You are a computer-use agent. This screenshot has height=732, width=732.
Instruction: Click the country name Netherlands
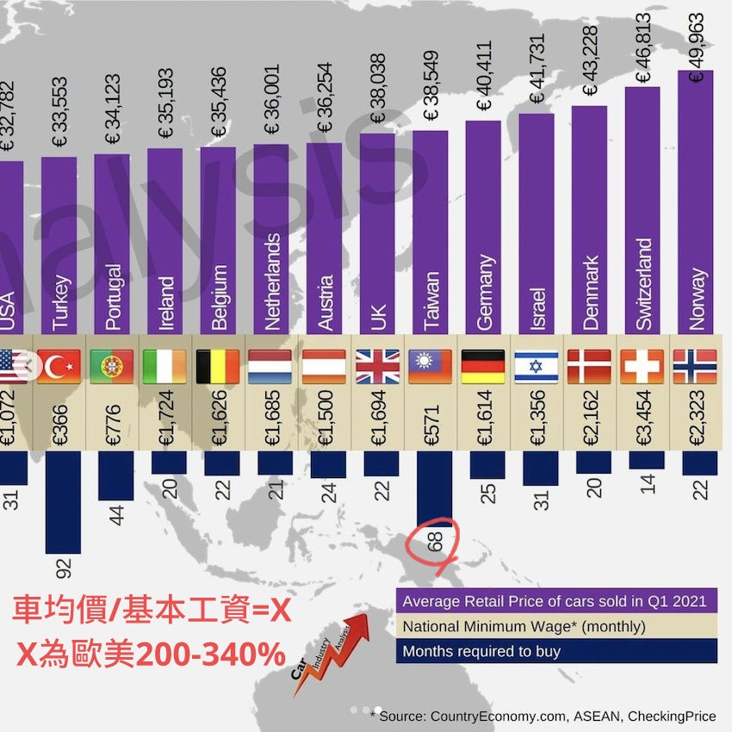[273, 282]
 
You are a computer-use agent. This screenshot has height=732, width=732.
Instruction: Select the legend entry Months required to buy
[481, 651]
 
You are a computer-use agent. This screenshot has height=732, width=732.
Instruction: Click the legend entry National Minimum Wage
[523, 626]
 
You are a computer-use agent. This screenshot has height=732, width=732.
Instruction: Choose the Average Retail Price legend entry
[555, 600]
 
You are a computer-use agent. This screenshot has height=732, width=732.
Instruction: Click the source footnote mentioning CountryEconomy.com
[543, 716]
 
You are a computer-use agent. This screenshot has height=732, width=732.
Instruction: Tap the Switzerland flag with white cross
[642, 365]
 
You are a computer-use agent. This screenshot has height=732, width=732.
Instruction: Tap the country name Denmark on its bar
[591, 293]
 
